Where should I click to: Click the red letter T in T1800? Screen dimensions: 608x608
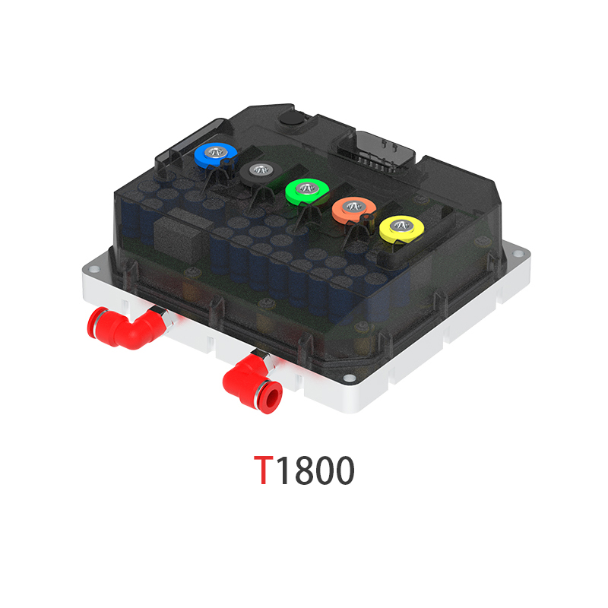(263, 471)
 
